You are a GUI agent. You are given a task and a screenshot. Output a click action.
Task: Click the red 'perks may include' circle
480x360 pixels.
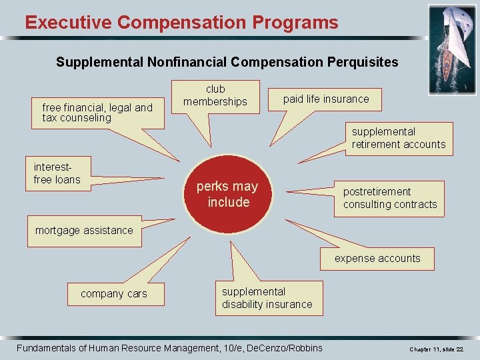coord(228,194)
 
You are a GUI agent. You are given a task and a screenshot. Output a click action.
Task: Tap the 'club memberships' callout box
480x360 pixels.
coord(215,95)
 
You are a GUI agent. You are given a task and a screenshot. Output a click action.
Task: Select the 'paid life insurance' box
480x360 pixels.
coord(325,99)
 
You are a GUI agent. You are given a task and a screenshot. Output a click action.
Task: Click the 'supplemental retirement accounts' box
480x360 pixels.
coord(399,138)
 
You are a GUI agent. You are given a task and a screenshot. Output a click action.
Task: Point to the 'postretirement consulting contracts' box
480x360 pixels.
coord(390,198)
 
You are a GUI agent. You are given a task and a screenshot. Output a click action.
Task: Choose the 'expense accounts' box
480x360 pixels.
coord(377,259)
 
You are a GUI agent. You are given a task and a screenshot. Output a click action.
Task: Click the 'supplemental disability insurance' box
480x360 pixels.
coord(267,298)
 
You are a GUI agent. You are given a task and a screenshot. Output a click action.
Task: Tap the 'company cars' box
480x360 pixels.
coord(114,294)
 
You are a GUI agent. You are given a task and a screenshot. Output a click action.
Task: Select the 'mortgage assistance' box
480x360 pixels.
coord(84,231)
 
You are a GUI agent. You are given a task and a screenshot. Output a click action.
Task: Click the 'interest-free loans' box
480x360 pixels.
coord(57,173)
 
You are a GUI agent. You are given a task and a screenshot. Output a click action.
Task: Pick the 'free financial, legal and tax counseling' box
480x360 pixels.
coord(97,113)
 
